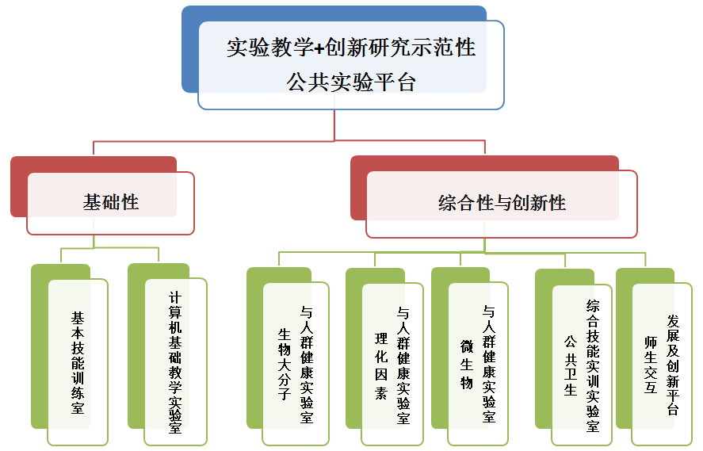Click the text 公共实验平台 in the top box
pos(351,82)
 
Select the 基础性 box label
pos(111,202)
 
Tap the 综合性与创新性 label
pos(502,203)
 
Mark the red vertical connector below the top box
pos(334,125)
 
